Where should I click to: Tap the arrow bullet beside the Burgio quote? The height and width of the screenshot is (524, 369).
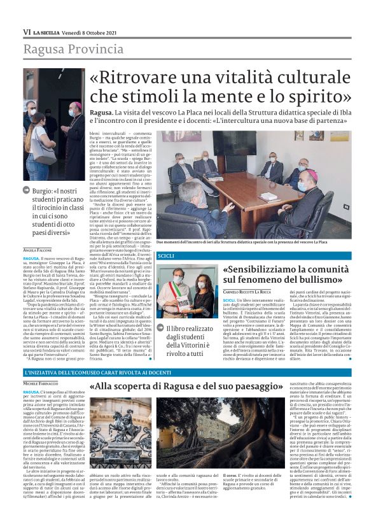point(27,190)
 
